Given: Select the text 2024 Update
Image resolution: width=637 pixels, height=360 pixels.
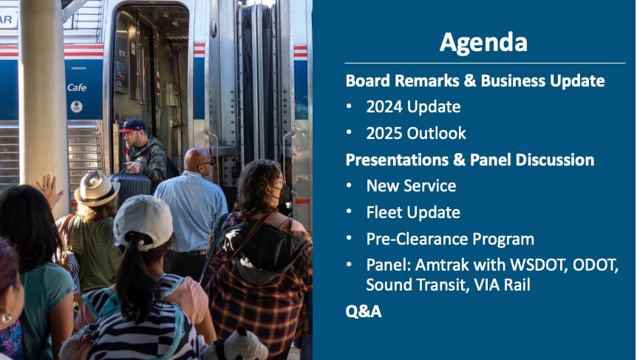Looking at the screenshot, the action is click(x=413, y=107).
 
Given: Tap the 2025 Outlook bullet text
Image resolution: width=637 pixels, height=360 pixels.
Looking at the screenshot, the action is click(x=416, y=133).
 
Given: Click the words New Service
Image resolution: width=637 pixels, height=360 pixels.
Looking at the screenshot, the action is click(x=411, y=186).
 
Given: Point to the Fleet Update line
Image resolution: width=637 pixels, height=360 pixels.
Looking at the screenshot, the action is click(x=413, y=212).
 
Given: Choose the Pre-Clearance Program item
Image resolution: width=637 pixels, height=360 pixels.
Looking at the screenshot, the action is click(x=450, y=239).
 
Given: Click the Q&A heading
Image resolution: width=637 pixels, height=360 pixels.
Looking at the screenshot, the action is click(x=364, y=311).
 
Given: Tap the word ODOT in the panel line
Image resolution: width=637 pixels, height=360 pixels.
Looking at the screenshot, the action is click(x=595, y=265).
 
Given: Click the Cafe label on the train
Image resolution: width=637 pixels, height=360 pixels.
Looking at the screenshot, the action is click(x=77, y=87).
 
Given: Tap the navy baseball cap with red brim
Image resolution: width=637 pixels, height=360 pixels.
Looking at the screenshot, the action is click(x=132, y=125).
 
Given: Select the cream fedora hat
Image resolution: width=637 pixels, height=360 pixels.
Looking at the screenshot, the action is click(x=97, y=188).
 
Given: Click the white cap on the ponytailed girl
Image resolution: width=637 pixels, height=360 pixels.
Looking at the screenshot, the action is click(x=143, y=222).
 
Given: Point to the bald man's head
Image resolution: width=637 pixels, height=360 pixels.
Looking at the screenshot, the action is click(x=198, y=160).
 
